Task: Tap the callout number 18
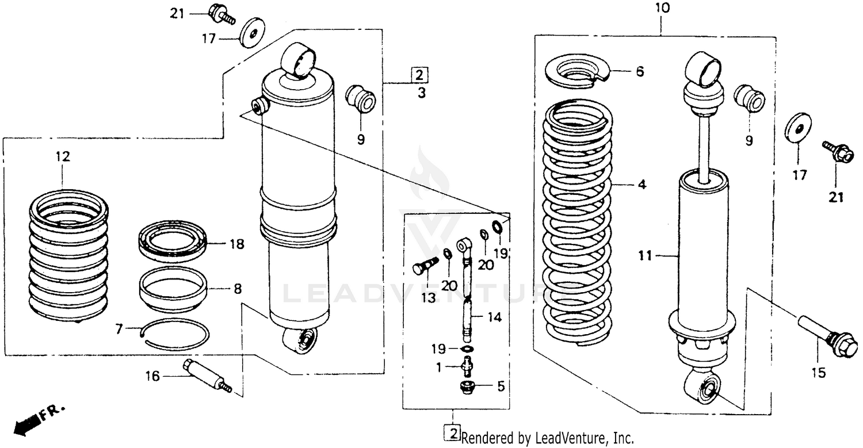click(236, 244)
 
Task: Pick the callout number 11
click(646, 255)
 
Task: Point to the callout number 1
click(439, 367)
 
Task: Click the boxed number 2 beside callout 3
click(419, 75)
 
